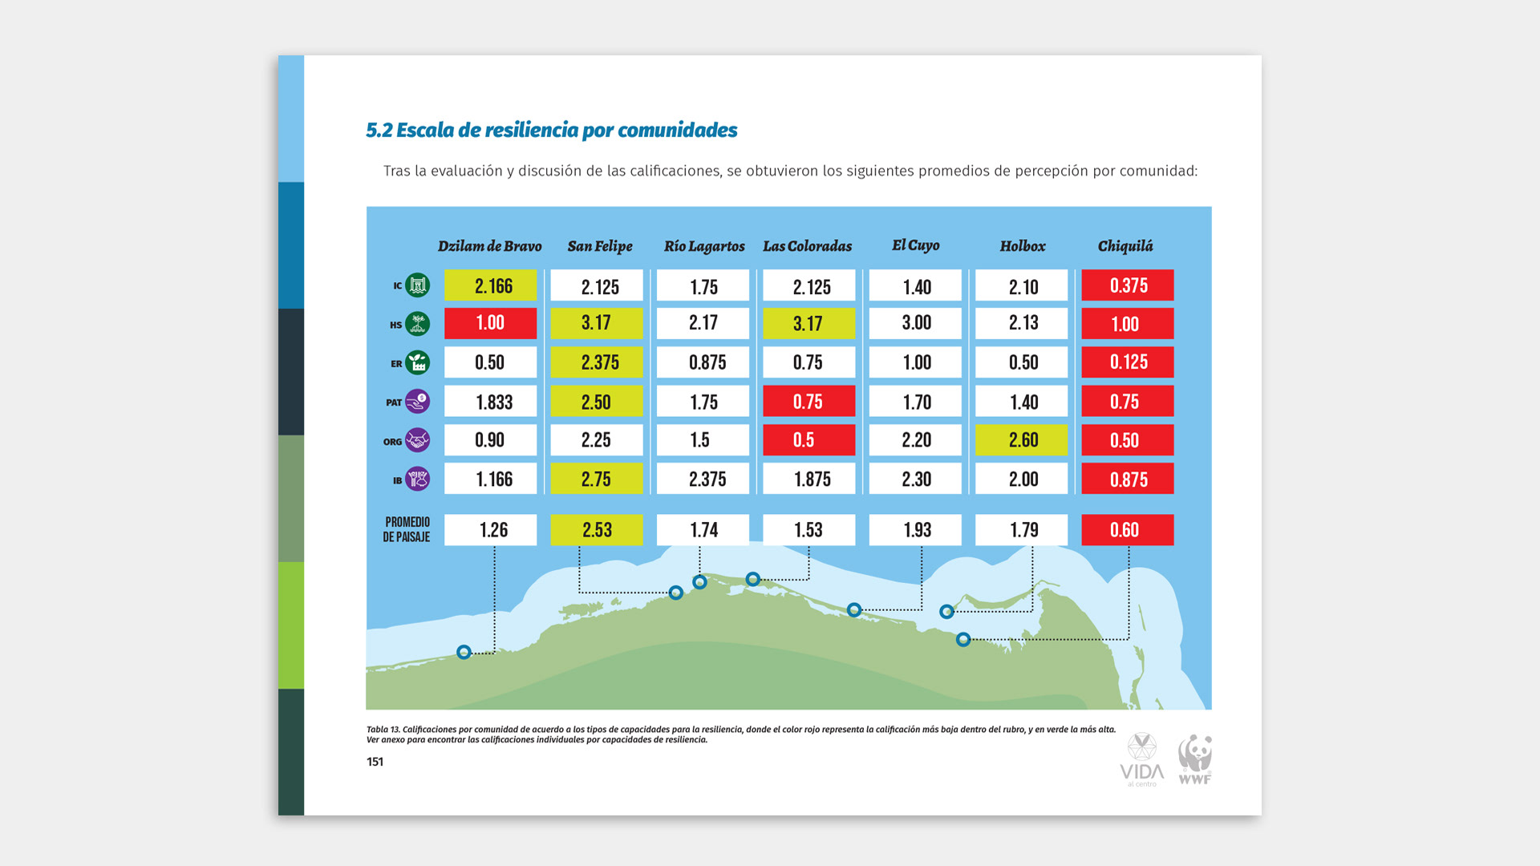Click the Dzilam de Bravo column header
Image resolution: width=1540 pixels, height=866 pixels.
(x=489, y=246)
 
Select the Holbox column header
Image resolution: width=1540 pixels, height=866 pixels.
(x=1022, y=246)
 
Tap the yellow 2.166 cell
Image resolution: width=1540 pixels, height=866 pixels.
(x=491, y=285)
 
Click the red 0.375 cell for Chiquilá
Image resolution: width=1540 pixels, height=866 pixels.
(x=1127, y=285)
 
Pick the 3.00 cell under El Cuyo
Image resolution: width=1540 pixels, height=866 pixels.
(x=915, y=323)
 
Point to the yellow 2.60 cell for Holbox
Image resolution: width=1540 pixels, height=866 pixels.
(x=1021, y=440)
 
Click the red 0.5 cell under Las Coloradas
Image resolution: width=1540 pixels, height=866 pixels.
(x=808, y=440)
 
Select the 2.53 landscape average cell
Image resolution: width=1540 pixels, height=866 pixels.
(x=596, y=530)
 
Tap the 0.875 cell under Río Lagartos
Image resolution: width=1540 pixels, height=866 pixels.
(x=703, y=362)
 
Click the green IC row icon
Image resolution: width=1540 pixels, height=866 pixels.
(x=417, y=285)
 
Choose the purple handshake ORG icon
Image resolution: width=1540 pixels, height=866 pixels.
(x=417, y=440)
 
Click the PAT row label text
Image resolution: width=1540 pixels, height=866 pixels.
(x=393, y=403)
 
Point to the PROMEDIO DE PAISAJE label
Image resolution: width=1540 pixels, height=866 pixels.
(x=407, y=529)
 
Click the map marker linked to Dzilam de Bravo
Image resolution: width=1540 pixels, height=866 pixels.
(x=464, y=652)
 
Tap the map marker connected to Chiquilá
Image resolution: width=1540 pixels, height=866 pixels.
(x=963, y=639)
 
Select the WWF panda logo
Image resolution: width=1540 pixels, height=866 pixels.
(x=1194, y=759)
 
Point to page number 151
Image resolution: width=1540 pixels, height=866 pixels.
(x=375, y=762)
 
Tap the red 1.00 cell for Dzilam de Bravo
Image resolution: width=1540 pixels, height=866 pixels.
(x=491, y=323)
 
